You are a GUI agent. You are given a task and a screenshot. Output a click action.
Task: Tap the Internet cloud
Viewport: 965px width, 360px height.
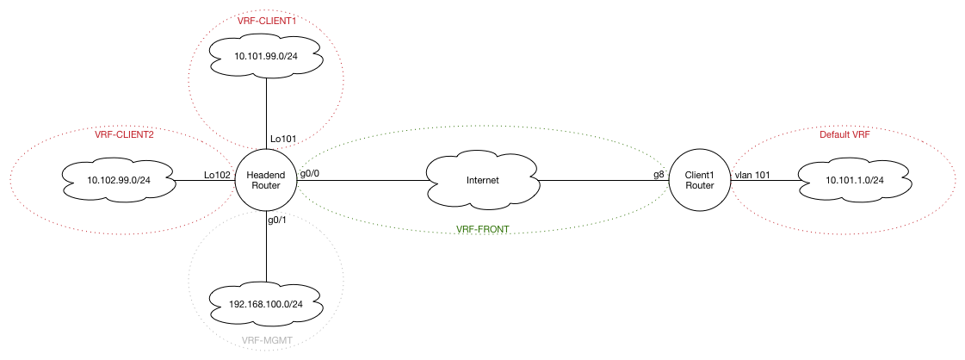click(482, 181)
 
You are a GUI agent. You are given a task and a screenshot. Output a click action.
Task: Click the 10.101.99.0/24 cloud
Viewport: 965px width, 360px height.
click(266, 58)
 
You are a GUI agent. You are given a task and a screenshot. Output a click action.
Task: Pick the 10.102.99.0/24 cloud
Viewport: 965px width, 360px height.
click(119, 181)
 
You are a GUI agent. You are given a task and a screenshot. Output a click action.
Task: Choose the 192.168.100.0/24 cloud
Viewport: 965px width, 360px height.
click(266, 303)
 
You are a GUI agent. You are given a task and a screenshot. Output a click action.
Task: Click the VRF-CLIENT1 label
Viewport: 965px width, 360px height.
click(266, 20)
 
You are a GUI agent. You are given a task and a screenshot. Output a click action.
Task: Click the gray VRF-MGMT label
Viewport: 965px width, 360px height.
click(266, 342)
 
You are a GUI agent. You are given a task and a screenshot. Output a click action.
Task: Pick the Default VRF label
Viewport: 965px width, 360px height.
click(848, 134)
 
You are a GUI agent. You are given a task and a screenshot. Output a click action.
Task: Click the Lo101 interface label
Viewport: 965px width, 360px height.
click(283, 138)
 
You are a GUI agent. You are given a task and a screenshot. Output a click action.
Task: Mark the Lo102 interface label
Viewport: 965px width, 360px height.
click(217, 174)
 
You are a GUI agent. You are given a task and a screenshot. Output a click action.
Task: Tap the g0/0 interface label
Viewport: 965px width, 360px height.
click(310, 174)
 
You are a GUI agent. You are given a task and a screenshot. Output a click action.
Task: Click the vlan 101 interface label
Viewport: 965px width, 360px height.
click(752, 174)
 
